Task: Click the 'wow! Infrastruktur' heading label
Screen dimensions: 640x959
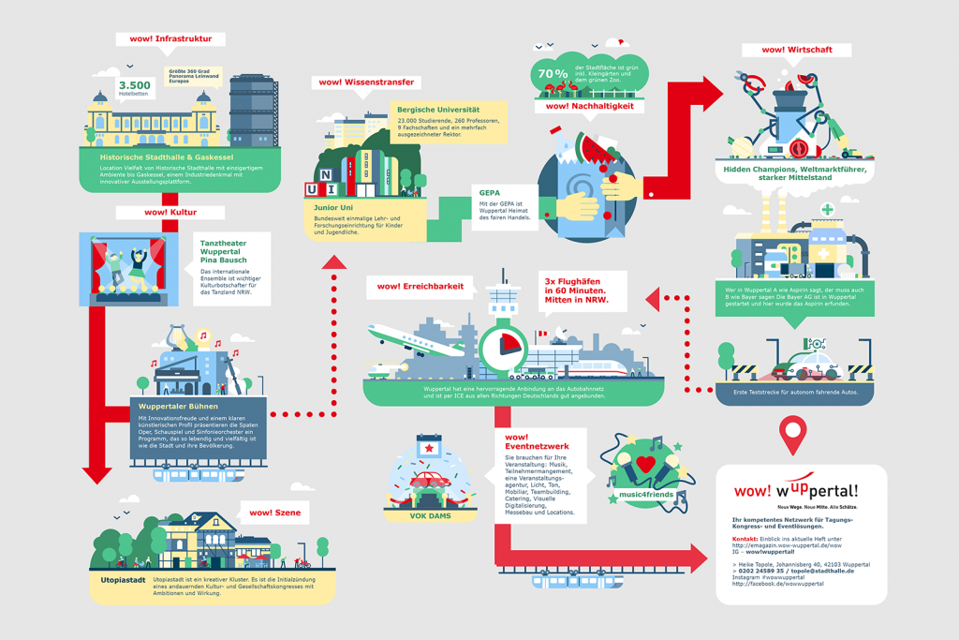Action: point(170,39)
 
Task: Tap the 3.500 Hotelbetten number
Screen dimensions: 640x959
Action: point(135,85)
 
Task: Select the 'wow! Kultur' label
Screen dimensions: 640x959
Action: point(170,213)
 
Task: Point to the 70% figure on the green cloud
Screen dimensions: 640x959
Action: point(553,72)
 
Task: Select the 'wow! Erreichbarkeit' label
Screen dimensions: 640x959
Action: point(420,285)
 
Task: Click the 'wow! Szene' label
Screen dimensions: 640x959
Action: point(274,513)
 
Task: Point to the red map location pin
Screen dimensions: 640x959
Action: point(793,433)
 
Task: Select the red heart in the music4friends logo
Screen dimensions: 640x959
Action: point(644,464)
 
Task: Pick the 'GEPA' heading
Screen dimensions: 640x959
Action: point(490,192)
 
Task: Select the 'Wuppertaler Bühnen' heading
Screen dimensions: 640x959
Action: point(178,406)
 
